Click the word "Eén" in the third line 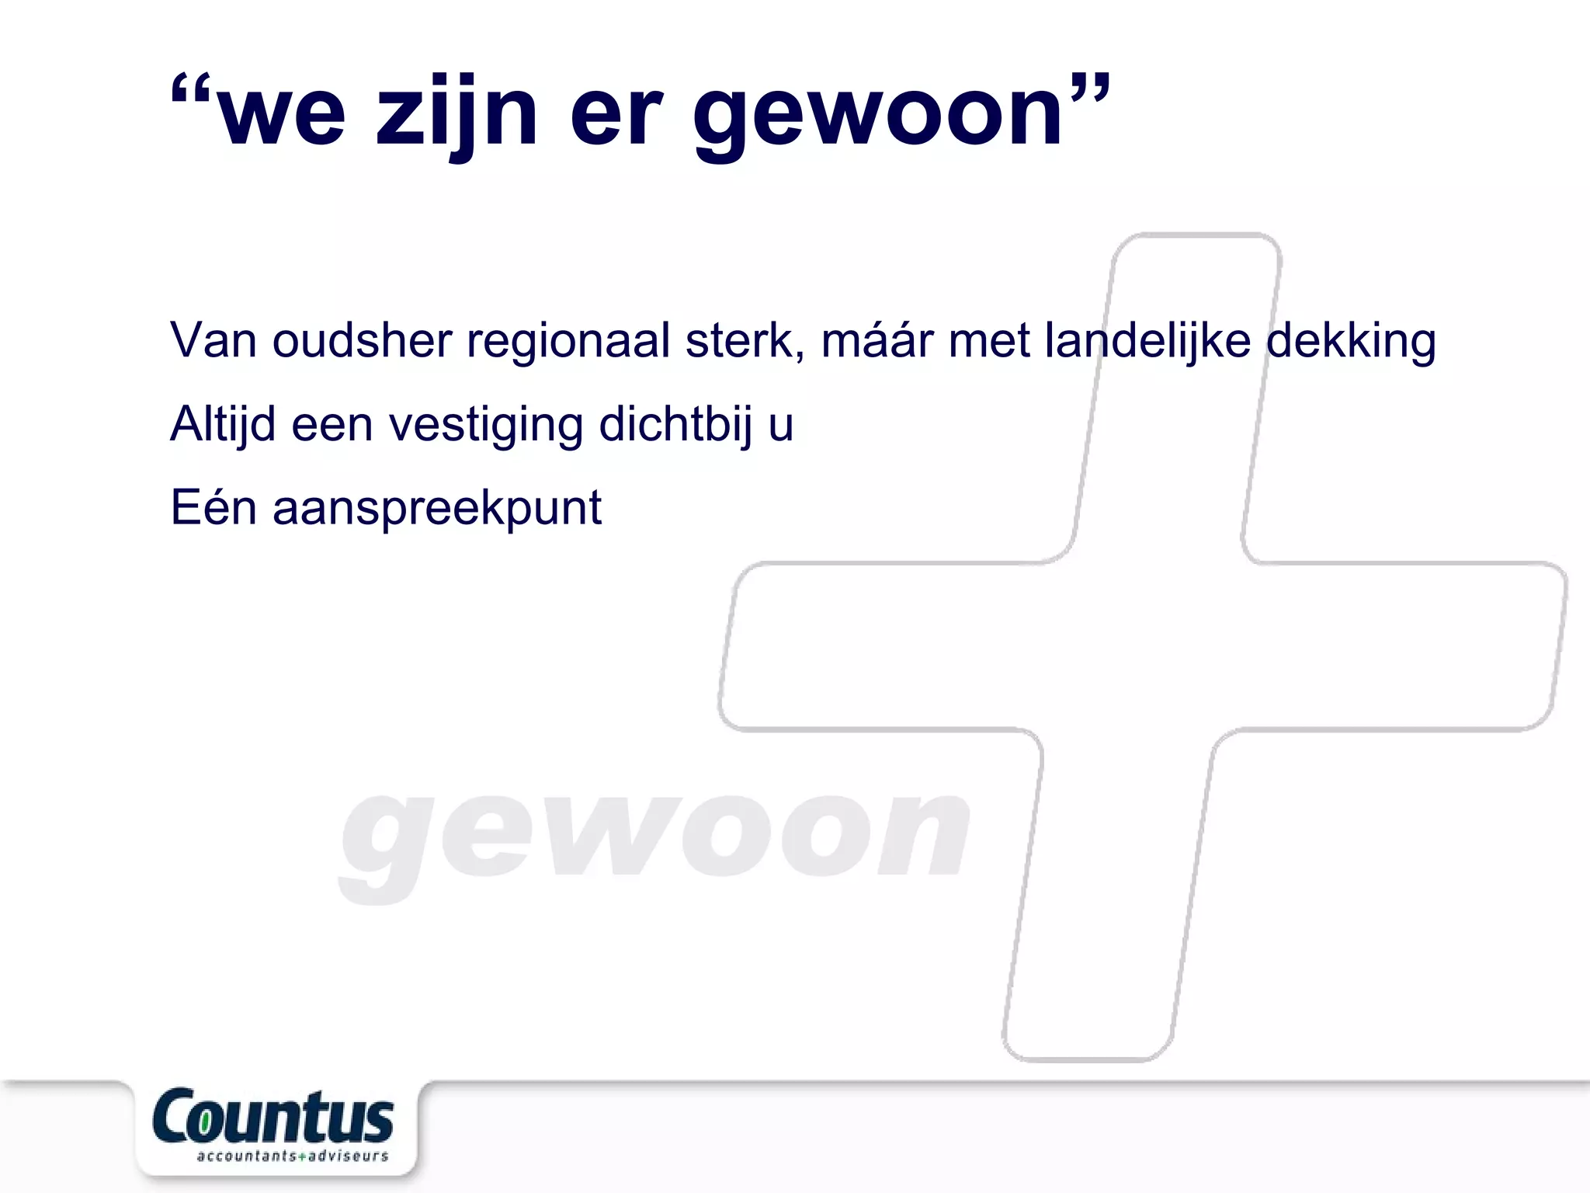(214, 508)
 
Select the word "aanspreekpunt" (437, 510)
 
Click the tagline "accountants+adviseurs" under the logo (292, 1156)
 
